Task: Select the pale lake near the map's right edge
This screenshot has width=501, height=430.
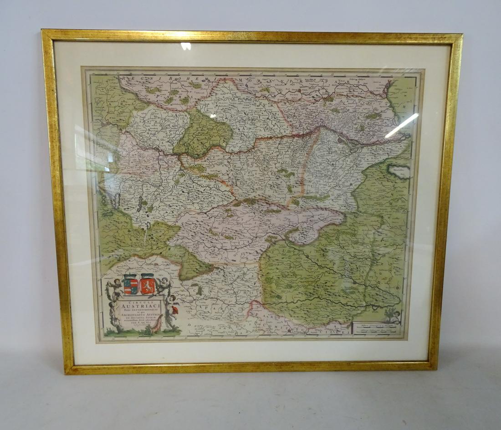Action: [x=399, y=171]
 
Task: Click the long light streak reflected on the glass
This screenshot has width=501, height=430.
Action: [x=401, y=125]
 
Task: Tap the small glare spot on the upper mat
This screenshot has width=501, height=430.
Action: [x=185, y=46]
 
